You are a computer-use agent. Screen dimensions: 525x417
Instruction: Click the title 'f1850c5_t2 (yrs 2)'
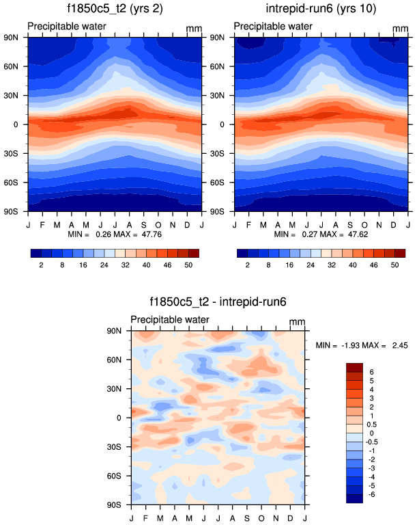click(x=115, y=10)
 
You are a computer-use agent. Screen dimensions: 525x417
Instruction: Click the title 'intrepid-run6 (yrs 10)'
click(x=321, y=10)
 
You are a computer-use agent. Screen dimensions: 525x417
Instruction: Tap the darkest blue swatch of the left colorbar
click(x=36, y=253)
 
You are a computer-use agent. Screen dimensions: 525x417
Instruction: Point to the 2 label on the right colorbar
click(x=248, y=264)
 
